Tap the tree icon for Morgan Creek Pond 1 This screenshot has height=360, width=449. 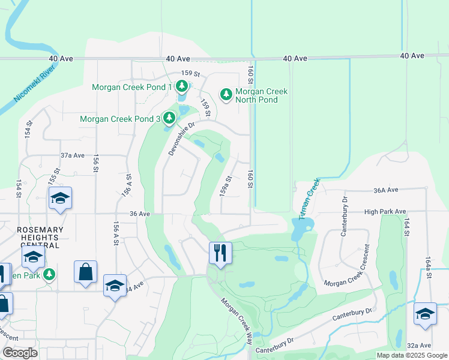click(182, 88)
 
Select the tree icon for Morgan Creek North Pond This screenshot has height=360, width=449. click(226, 94)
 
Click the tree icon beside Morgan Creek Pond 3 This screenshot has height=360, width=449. click(170, 119)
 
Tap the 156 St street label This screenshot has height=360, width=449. click(95, 163)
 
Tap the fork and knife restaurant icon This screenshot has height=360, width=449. click(220, 252)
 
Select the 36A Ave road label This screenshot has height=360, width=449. click(385, 190)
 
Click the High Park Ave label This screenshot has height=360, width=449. click(385, 212)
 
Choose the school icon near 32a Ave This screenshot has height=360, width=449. click(425, 314)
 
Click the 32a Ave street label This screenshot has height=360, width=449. click(418, 345)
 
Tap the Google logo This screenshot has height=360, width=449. click(20, 353)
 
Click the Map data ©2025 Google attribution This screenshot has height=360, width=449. click(411, 355)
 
